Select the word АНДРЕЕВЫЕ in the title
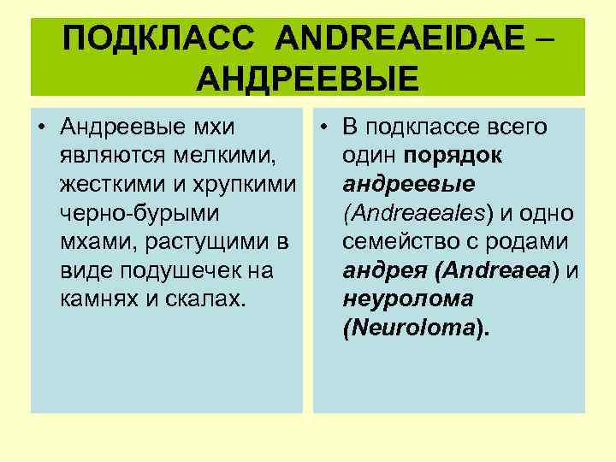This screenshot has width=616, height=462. [307, 79]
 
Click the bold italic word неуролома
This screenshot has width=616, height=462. [407, 300]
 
